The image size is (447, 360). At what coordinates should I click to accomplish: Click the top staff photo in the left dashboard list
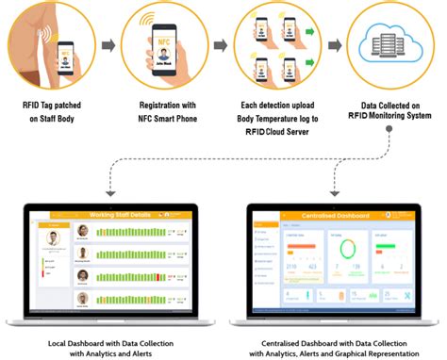tap(82, 230)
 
